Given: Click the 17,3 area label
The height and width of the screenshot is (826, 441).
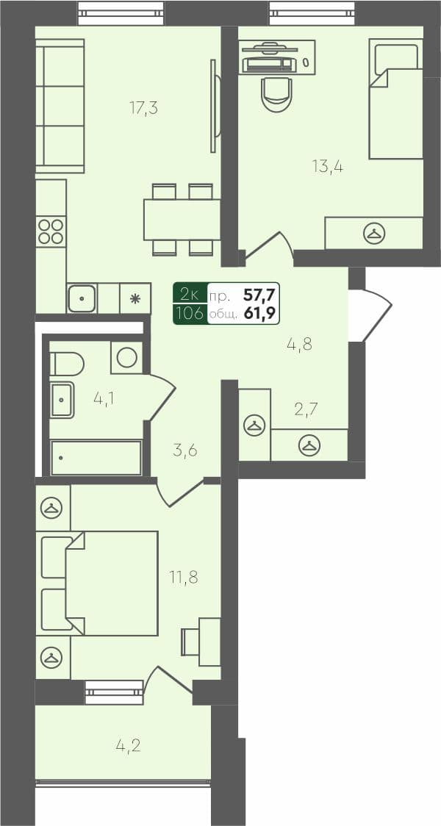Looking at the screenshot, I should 144,109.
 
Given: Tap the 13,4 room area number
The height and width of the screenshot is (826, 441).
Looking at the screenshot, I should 328,166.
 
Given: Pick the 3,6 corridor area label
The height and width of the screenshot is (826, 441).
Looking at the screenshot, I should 185,450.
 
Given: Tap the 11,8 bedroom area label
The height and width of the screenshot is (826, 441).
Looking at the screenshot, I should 184,577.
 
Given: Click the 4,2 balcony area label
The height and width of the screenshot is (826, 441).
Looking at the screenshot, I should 128,747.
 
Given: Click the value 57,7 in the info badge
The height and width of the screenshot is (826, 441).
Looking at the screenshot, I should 258,296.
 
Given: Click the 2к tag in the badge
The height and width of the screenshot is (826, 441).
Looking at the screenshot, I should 190,295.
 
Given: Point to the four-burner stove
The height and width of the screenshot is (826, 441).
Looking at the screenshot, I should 51,231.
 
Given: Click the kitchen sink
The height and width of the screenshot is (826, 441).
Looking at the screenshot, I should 82,298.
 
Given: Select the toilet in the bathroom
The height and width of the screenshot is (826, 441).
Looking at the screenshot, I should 65,363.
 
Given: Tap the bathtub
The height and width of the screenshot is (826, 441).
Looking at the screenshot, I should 96,458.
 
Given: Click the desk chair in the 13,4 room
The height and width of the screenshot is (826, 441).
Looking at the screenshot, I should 276,93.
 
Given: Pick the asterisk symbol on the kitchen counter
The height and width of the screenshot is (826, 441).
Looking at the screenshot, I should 135,298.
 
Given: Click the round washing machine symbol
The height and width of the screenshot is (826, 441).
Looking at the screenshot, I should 126,358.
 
